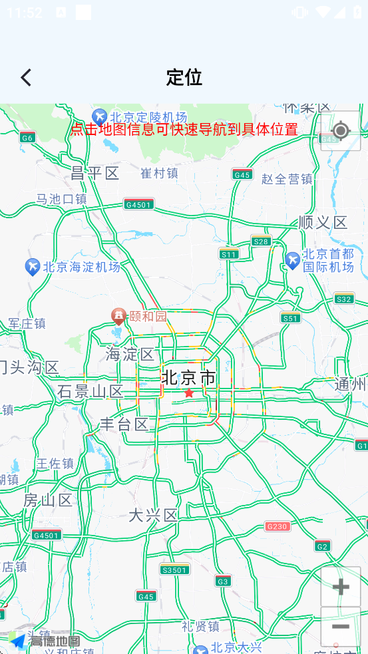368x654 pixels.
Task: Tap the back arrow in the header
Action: (x=26, y=78)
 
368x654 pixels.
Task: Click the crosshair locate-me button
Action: (x=341, y=130)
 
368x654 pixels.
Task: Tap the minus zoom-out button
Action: (x=341, y=627)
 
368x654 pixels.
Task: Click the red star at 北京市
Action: (x=189, y=393)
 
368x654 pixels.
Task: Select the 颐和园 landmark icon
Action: (x=119, y=315)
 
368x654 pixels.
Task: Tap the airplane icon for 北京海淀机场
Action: (x=33, y=267)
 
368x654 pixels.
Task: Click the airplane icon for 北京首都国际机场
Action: (x=292, y=260)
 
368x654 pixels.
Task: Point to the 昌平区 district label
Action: (x=94, y=174)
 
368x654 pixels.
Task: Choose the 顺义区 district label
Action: (x=323, y=222)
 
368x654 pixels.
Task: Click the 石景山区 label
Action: (x=91, y=391)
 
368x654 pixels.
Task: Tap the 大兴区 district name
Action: (x=153, y=515)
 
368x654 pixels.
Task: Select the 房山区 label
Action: (x=48, y=500)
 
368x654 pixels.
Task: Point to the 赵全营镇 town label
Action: (x=287, y=179)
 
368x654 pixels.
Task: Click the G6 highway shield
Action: (x=27, y=138)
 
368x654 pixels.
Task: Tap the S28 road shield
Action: (x=262, y=242)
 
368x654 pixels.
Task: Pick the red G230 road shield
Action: (x=277, y=526)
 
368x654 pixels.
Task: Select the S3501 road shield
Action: (x=174, y=570)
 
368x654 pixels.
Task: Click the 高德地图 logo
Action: (x=45, y=641)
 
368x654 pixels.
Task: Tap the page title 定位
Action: (x=184, y=78)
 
